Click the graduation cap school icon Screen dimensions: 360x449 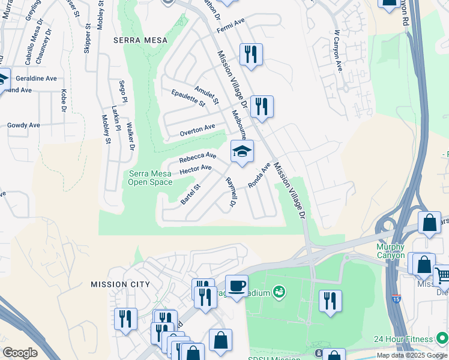pos(242,151)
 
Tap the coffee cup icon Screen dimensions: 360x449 pos(237,286)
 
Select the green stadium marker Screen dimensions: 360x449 pos(278,292)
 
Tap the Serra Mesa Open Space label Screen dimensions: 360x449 pos(150,178)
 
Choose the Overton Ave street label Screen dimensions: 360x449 pos(197,128)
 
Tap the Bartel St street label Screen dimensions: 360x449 pos(190,194)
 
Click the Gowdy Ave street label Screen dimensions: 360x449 pos(23,125)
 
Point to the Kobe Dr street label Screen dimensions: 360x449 pos(63,100)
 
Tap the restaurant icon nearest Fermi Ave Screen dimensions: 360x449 pos(250,55)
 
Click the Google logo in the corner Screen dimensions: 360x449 pos(20,353)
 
